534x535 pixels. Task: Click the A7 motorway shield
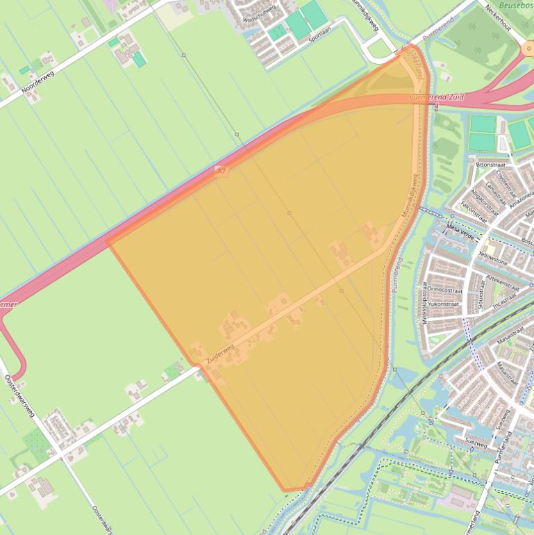point(222,170)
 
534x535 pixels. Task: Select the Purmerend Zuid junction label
point(436,98)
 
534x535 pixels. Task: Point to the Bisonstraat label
point(491,165)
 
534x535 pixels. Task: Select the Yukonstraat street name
point(445,304)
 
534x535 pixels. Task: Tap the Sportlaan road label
point(322,33)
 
